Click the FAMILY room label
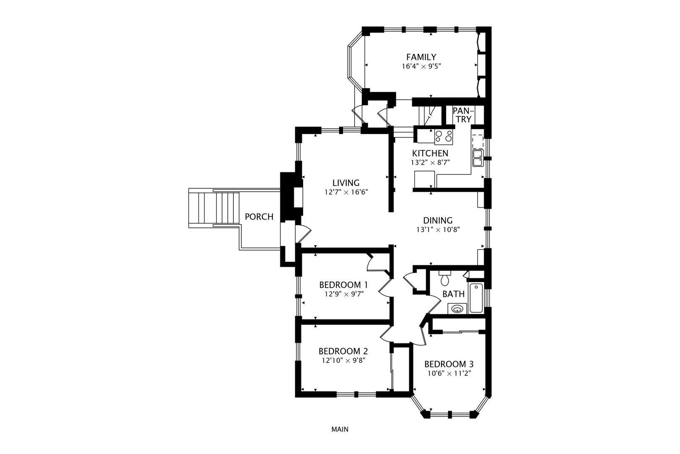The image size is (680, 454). (x=421, y=57)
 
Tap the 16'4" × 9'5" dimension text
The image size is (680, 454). (x=421, y=66)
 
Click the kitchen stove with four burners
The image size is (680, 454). (x=444, y=137)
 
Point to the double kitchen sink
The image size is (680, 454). (x=478, y=158)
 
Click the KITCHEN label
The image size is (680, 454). (x=430, y=153)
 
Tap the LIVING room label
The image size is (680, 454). (x=346, y=183)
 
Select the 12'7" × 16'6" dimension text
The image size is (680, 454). (x=346, y=192)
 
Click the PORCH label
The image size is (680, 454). (x=259, y=217)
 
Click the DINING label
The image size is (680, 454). (x=438, y=220)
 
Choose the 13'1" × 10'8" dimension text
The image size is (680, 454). (x=438, y=230)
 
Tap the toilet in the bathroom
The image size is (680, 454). (x=445, y=278)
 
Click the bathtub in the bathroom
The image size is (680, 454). (x=476, y=298)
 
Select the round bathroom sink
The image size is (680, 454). (x=457, y=309)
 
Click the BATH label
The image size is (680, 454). (x=453, y=294)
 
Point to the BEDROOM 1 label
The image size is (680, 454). (x=343, y=285)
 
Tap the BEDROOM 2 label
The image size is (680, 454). (x=343, y=351)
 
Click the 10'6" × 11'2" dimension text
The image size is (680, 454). (x=449, y=373)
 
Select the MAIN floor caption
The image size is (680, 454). (x=340, y=429)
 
